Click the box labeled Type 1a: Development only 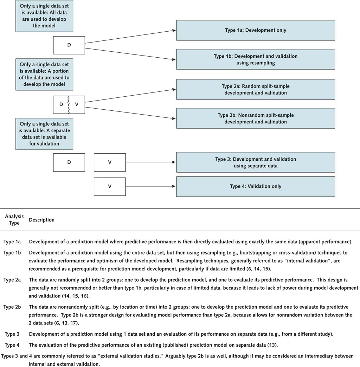click(x=256, y=30)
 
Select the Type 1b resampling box click(x=256, y=59)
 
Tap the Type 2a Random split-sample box click(x=256, y=89)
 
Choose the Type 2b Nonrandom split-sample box click(x=256, y=118)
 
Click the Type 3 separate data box click(x=256, y=162)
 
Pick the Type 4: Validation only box click(x=256, y=187)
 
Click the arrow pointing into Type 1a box click(x=130, y=37)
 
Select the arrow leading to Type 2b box click(x=130, y=113)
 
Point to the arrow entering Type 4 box click(x=150, y=186)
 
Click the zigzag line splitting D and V click(x=69, y=105)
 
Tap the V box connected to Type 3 click(x=110, y=162)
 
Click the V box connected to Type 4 click(x=110, y=187)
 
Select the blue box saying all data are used click(x=44, y=16)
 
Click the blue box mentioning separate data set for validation click(x=44, y=134)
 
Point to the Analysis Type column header click(x=14, y=220)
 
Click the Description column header click(x=42, y=220)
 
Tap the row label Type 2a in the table click(x=12, y=280)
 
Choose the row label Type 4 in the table click(x=12, y=345)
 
